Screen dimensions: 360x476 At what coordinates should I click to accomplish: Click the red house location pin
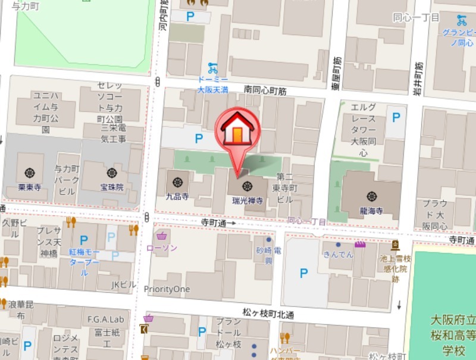pyautogui.click(x=237, y=131)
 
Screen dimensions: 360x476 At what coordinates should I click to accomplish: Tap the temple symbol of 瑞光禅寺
pyautogui.click(x=246, y=186)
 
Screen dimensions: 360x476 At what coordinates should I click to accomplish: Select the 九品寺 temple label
pyautogui.click(x=177, y=195)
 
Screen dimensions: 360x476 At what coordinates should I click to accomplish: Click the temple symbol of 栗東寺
pyautogui.click(x=29, y=173)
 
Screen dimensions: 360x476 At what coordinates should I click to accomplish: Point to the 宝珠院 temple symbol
pyautogui.click(x=111, y=173)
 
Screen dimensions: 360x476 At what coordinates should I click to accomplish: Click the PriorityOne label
pyautogui.click(x=167, y=289)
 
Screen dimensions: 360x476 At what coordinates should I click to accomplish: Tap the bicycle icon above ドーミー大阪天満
pyautogui.click(x=212, y=68)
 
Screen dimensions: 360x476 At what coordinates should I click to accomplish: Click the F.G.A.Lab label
pyautogui.click(x=105, y=319)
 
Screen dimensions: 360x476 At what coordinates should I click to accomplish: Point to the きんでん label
pyautogui.click(x=338, y=254)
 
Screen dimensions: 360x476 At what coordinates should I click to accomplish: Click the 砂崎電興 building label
pyautogui.click(x=268, y=256)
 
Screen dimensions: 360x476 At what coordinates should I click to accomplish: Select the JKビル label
pyautogui.click(x=124, y=285)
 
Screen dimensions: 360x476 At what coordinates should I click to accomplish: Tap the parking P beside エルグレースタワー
pyautogui.click(x=395, y=118)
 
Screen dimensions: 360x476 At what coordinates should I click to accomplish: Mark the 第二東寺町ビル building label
pyautogui.click(x=284, y=187)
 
